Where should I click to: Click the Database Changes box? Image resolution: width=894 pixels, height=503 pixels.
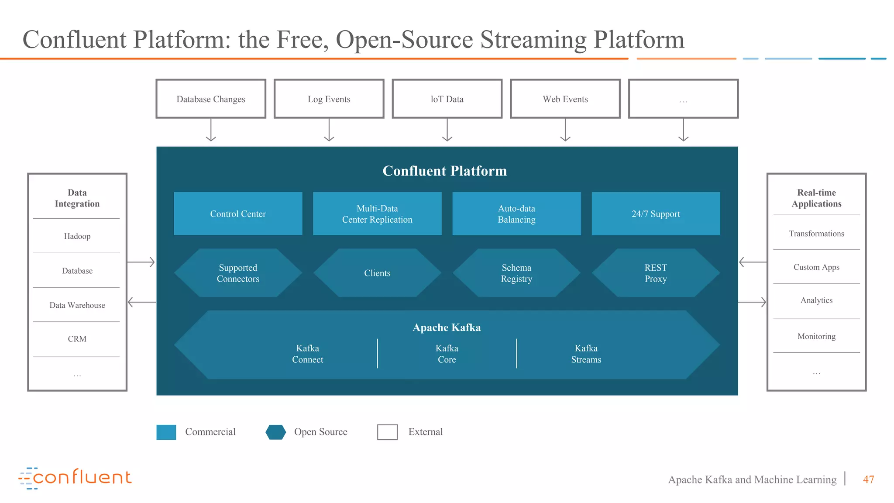(x=211, y=99)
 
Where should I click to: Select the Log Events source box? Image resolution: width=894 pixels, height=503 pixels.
(x=329, y=99)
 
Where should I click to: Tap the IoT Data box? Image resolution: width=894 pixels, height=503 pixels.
(x=447, y=99)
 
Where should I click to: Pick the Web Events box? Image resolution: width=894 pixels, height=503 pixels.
(x=565, y=99)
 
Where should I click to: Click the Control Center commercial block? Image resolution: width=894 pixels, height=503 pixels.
(x=238, y=214)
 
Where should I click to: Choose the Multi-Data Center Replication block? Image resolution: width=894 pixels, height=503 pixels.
(x=377, y=214)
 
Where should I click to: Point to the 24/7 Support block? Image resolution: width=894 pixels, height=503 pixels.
(x=656, y=214)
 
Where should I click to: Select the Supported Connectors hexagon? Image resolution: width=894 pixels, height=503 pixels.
(x=238, y=273)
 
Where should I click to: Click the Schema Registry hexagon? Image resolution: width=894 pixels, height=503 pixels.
(x=516, y=273)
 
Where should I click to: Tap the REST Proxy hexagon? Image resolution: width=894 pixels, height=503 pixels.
(x=656, y=273)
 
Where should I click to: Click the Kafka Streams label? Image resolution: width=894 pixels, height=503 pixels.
(x=586, y=354)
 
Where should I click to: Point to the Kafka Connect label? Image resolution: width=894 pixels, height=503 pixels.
(x=308, y=354)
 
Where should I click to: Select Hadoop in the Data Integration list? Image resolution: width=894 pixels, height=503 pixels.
(x=77, y=236)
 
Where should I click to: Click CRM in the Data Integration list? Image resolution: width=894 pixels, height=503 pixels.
(x=77, y=339)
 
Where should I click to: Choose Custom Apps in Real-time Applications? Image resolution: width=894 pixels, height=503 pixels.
(x=816, y=267)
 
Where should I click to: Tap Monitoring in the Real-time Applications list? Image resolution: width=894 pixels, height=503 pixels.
(x=816, y=336)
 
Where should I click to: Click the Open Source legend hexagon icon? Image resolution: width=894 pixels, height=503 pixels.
(x=276, y=432)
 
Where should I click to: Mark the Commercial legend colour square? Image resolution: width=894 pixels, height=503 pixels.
(x=166, y=432)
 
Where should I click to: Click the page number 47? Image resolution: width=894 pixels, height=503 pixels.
(x=868, y=479)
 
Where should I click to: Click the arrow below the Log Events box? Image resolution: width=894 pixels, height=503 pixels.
(x=329, y=130)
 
